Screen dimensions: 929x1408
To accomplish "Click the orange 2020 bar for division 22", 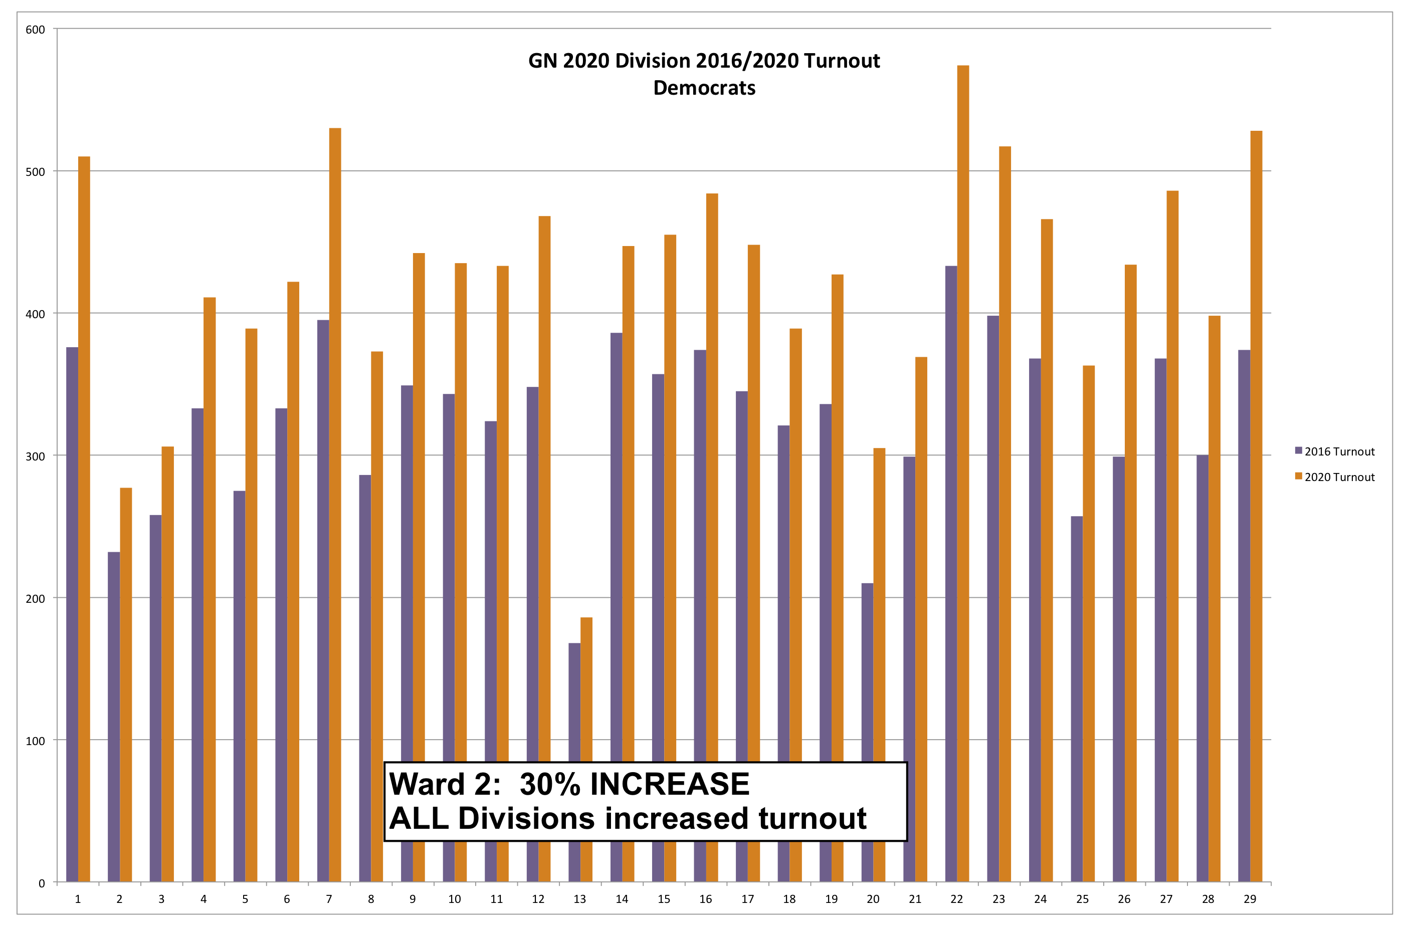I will pyautogui.click(x=962, y=474).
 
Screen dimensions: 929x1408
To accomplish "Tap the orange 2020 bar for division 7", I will pyautogui.click(x=335, y=504).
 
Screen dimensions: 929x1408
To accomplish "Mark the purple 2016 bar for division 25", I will pyautogui.click(x=1076, y=699).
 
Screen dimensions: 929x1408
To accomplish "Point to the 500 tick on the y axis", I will pyautogui.click(x=35, y=172).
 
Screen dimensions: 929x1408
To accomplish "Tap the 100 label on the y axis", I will pyautogui.click(x=35, y=741).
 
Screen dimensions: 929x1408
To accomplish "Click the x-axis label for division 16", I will pyautogui.click(x=705, y=899).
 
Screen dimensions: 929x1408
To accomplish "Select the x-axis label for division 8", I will pyautogui.click(x=370, y=899).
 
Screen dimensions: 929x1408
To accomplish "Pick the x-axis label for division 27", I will pyautogui.click(x=1165, y=899).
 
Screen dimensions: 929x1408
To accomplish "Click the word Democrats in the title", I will pyautogui.click(x=704, y=88).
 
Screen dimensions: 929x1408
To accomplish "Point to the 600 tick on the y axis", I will pyautogui.click(x=35, y=30).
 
